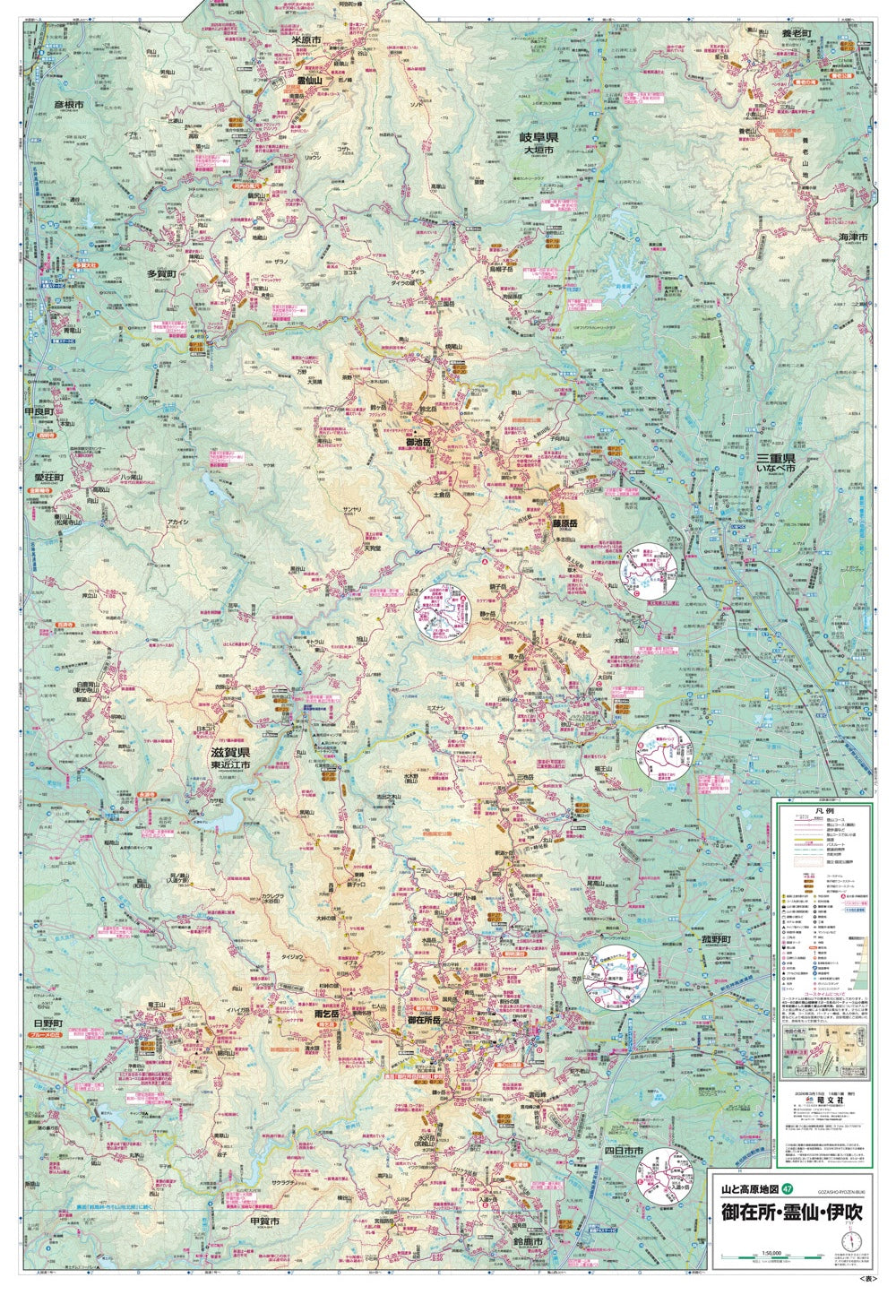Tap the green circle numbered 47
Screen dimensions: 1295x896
(788, 1189)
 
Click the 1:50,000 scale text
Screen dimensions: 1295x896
(771, 1252)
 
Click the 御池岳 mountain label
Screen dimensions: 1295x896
(418, 442)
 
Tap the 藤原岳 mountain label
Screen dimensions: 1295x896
(564, 523)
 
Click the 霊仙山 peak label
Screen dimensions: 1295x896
(308, 80)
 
